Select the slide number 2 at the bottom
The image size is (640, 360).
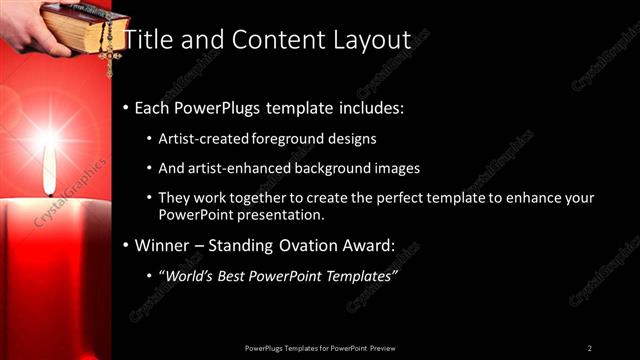(589, 348)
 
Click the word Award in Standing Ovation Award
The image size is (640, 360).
(366, 245)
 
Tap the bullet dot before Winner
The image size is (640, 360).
(125, 245)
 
